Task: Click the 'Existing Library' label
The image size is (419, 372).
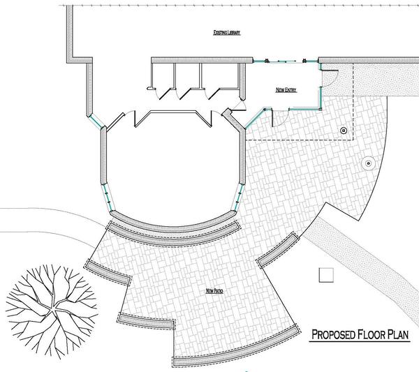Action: [226, 33]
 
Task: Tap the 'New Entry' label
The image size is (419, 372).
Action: [286, 90]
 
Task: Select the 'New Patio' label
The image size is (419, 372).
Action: [214, 291]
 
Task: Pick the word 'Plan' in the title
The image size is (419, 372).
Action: [399, 334]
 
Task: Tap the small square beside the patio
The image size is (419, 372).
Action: [326, 275]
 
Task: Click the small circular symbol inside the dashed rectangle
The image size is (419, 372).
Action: [344, 131]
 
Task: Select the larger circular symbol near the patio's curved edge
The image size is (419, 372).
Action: [369, 163]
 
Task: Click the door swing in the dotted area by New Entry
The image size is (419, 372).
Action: [330, 78]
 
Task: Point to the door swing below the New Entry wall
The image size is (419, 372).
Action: [280, 118]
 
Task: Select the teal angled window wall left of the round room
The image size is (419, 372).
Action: [96, 121]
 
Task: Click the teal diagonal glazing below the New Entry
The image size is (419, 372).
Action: [255, 119]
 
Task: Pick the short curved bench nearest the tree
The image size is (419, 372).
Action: [109, 272]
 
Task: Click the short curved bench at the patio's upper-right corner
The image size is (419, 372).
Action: [278, 250]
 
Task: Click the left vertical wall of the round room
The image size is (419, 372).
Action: [103, 156]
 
